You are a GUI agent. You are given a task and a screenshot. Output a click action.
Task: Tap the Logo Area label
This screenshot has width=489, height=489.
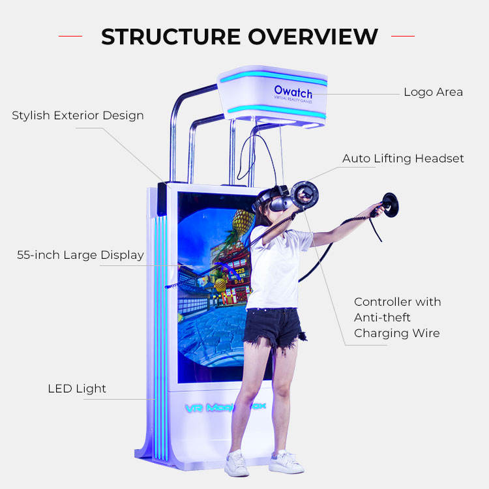tap(433, 92)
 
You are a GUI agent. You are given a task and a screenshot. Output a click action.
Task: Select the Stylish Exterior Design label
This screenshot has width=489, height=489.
tap(78, 115)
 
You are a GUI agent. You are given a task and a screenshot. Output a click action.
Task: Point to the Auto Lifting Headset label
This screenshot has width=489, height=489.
tap(403, 158)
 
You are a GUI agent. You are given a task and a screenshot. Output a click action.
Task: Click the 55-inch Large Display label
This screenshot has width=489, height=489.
tap(80, 255)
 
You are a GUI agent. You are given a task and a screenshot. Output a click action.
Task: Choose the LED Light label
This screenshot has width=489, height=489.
tap(77, 389)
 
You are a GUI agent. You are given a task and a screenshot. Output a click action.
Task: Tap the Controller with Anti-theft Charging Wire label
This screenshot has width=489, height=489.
tap(397, 318)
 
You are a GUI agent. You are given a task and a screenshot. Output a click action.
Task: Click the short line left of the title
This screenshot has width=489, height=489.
tap(71, 37)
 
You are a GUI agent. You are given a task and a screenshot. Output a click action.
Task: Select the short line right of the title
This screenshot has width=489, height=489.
tap(402, 37)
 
